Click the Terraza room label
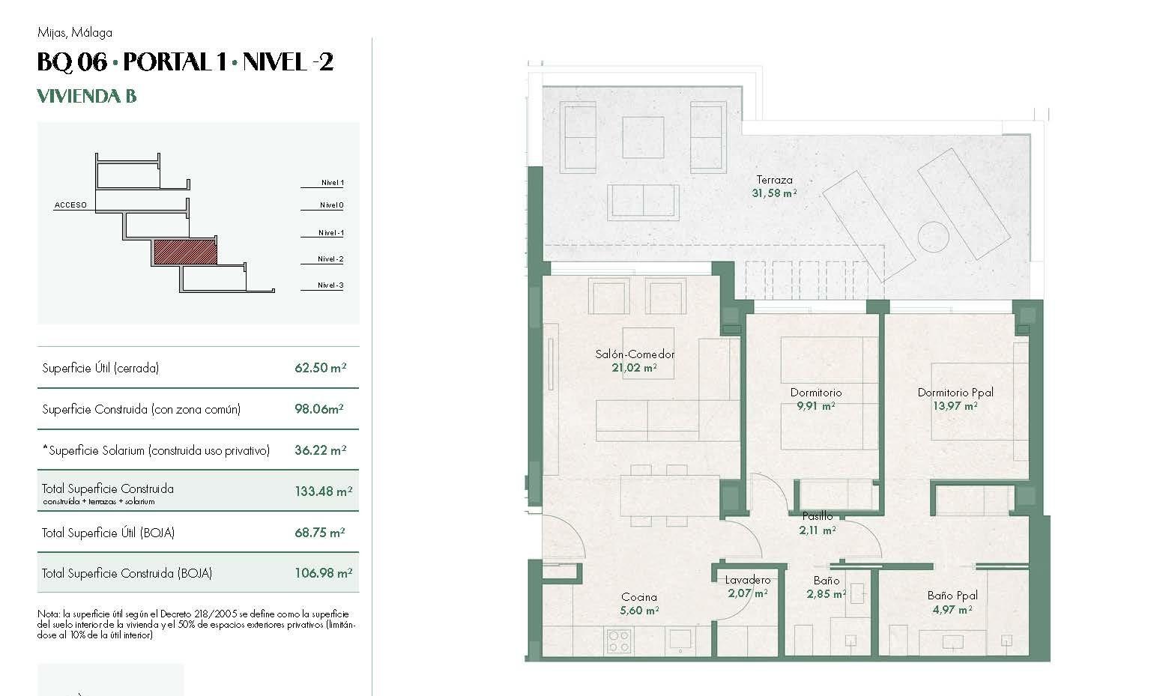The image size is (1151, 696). point(774,180)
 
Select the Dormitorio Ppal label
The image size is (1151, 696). point(955,393)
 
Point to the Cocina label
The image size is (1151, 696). point(638,597)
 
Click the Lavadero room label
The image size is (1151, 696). point(747,580)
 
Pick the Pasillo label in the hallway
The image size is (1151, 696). point(817,516)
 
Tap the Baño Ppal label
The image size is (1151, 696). point(952,596)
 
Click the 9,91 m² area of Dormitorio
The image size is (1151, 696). point(816,406)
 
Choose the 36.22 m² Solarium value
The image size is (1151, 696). point(320,450)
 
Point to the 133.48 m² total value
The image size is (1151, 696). point(323,491)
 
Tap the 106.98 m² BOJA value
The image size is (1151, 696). point(323,573)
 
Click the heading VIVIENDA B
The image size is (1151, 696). point(87,96)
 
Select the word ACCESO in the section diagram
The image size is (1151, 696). point(70,205)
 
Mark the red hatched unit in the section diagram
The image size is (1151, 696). point(185,252)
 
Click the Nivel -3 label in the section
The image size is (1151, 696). point(330,285)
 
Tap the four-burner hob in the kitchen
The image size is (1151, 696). point(619,641)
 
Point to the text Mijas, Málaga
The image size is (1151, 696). point(74,33)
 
